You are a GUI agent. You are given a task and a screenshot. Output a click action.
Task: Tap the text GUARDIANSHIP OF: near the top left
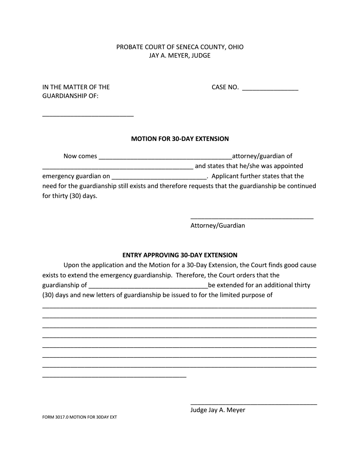coord(70,96)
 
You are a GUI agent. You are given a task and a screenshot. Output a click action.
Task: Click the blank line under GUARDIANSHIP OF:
coord(88,114)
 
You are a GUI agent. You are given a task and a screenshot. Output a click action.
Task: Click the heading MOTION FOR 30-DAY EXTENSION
coord(180,139)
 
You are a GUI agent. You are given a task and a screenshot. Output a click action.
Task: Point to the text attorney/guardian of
coord(262,156)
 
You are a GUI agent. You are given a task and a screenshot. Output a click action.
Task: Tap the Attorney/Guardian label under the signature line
coord(218,226)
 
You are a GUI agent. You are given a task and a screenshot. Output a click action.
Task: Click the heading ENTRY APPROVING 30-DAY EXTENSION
coord(180,255)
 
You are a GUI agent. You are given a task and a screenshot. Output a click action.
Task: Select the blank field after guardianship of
coord(148,286)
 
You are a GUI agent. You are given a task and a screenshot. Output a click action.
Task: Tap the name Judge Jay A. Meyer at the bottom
coord(218,410)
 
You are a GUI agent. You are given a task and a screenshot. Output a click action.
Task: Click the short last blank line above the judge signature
coord(114,376)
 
